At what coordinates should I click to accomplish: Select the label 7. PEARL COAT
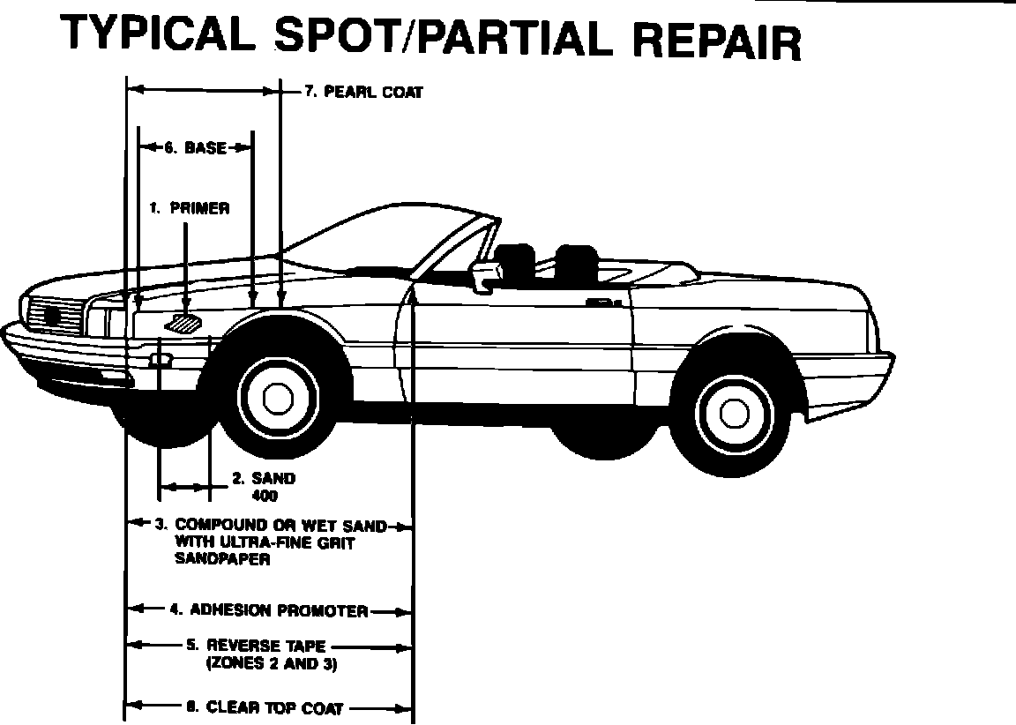coord(363,91)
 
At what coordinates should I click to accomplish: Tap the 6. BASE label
coord(195,148)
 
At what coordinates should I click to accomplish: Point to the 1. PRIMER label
coord(189,209)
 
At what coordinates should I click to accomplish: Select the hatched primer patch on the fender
coord(184,323)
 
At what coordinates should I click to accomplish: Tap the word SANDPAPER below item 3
coord(222,559)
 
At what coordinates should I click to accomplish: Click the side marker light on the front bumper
coord(160,360)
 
